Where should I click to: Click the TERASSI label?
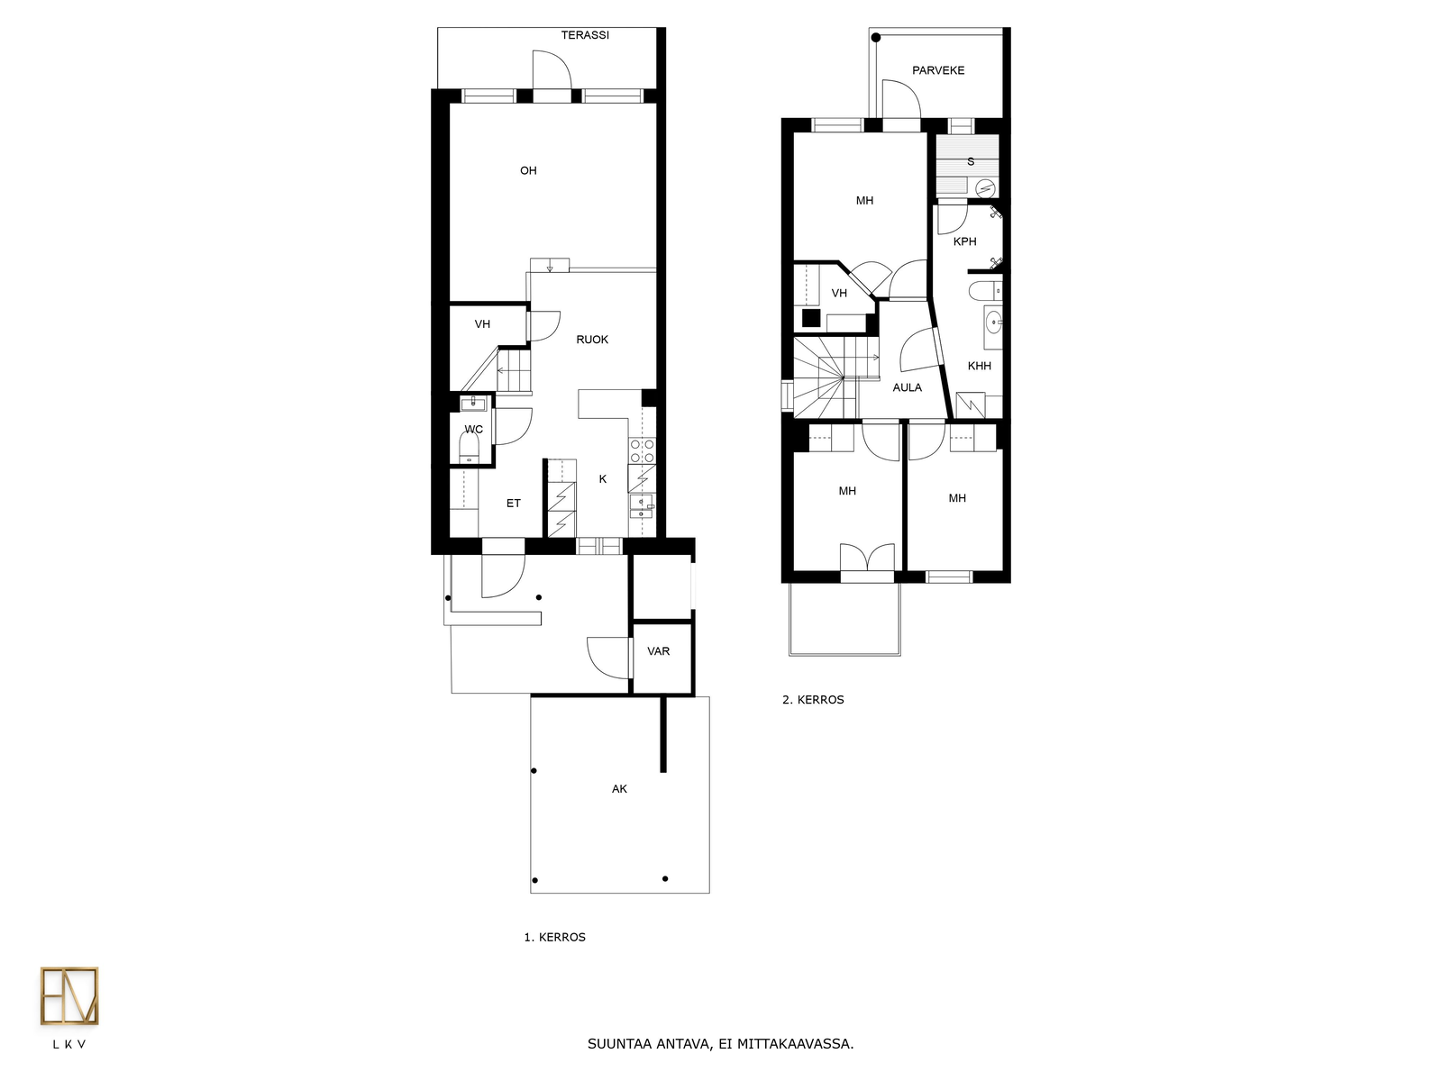point(585,35)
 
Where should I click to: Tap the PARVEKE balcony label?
point(938,70)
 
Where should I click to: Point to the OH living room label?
point(528,170)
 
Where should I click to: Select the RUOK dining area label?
point(592,340)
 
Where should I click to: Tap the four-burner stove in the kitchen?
point(642,451)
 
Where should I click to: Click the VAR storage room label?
point(658,651)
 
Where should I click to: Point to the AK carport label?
point(619,789)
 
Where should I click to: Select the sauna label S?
point(971,161)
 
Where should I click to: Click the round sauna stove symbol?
point(985,188)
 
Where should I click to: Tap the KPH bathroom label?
point(964,241)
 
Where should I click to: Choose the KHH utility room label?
point(979,366)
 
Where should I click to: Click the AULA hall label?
point(907,387)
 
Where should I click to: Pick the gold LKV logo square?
point(69,995)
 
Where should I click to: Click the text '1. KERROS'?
point(554,937)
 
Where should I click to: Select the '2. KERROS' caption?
point(813,700)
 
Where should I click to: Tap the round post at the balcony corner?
point(876,38)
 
